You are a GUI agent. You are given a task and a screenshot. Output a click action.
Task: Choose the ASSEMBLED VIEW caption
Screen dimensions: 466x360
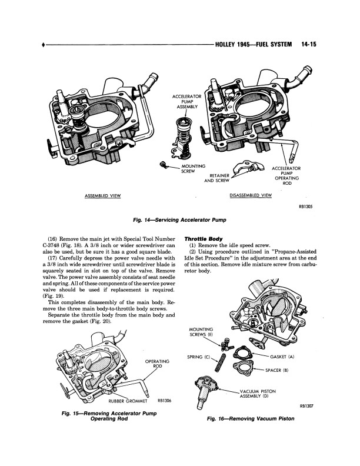click(x=104, y=195)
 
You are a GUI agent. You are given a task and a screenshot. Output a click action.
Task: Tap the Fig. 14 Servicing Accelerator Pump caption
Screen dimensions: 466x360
click(x=180, y=219)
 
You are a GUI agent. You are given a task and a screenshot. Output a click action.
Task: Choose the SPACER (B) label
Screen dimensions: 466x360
click(x=278, y=371)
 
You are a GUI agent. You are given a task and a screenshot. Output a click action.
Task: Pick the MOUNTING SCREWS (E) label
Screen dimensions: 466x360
click(x=201, y=331)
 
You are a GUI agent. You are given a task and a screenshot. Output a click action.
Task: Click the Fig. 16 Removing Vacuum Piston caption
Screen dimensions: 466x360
click(x=250, y=421)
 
